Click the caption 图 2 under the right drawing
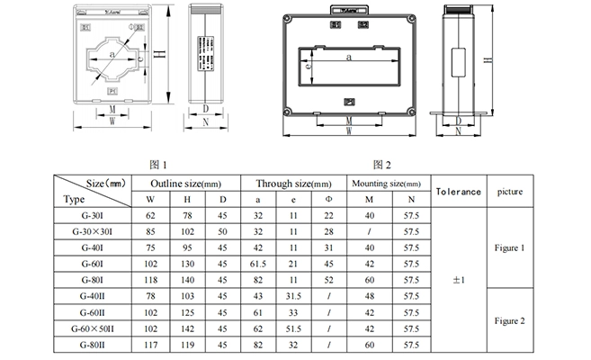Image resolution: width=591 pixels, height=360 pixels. coord(381,165)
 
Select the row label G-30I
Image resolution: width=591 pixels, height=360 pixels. coord(95,215)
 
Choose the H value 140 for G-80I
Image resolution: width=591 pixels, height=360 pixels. coord(187,279)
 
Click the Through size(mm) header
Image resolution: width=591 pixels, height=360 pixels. coord(292,183)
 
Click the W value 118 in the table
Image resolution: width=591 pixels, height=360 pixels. coord(150,279)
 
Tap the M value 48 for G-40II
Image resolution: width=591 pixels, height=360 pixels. coord(367,295)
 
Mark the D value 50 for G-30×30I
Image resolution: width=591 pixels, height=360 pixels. coord(223,230)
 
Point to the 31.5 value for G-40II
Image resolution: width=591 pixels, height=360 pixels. coord(292,295)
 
